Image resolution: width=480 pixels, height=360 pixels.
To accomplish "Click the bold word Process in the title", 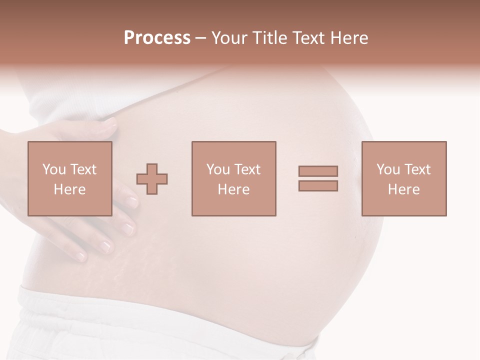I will (x=157, y=38).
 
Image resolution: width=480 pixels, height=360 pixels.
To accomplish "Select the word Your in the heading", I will (x=229, y=38).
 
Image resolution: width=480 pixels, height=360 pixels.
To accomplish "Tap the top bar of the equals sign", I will (x=318, y=171).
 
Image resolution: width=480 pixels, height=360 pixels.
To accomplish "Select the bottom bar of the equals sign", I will (x=318, y=186).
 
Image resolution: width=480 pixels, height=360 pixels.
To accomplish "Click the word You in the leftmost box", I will (x=54, y=169).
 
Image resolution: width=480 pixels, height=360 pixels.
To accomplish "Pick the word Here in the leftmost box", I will (x=69, y=189).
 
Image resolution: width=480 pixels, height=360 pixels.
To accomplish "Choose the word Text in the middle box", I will (x=247, y=169).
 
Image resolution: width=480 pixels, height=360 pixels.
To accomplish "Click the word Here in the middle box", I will (x=233, y=189).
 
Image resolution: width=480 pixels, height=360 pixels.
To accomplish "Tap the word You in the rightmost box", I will (x=388, y=169).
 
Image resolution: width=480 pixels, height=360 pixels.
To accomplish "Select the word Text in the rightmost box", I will (x=417, y=169).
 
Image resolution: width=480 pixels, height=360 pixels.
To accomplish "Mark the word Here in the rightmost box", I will (x=403, y=189).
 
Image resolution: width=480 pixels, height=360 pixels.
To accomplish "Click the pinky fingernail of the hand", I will (x=80, y=256).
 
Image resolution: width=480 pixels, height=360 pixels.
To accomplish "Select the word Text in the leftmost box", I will (x=83, y=169).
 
